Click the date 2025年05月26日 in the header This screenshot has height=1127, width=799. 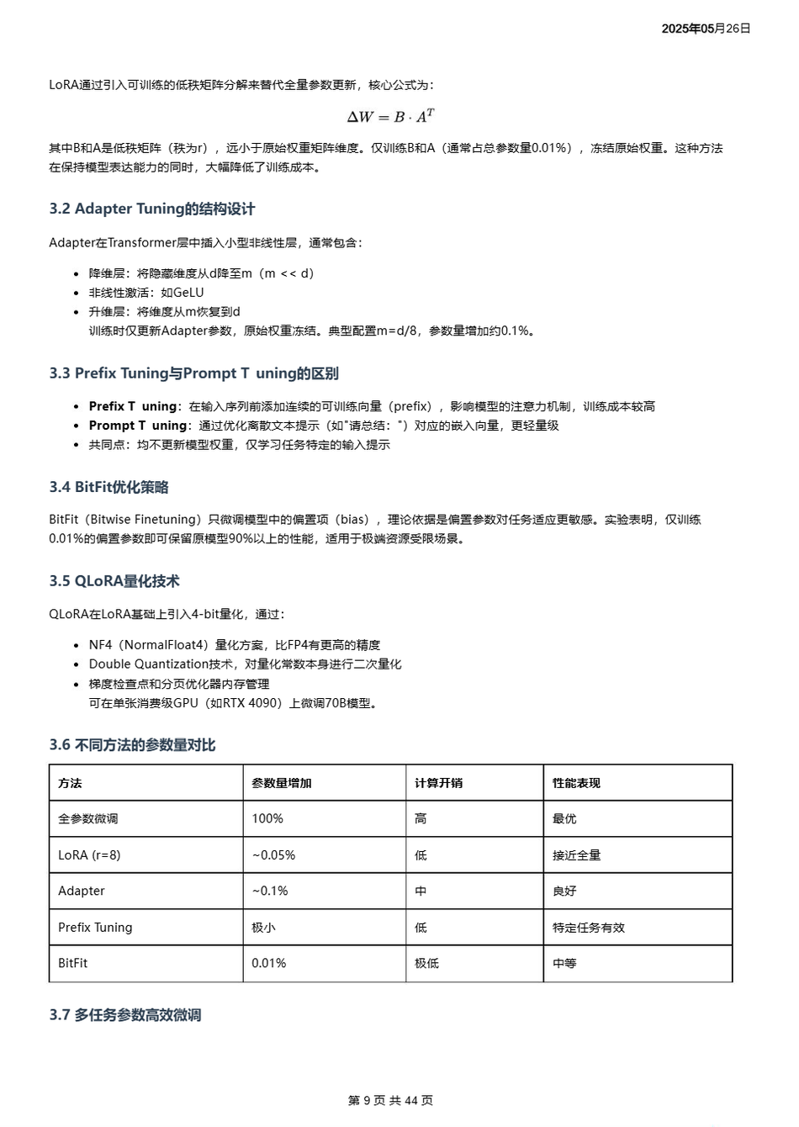tap(706, 29)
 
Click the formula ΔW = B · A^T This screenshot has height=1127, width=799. tap(390, 117)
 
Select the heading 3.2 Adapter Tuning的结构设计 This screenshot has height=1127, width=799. tap(151, 209)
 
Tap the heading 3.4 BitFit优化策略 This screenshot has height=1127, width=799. tap(108, 487)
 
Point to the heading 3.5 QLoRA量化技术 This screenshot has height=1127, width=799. tap(114, 581)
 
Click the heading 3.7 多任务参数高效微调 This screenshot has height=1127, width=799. tap(125, 1015)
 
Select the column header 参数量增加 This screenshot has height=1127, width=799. tap(282, 783)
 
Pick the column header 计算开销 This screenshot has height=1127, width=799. tap(438, 783)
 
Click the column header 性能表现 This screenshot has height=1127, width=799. tap(576, 783)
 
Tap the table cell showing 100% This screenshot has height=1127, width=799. tap(267, 818)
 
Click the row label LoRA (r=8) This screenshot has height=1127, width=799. tap(89, 855)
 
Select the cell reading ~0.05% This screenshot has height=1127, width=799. tap(273, 855)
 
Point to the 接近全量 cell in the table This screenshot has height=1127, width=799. tap(576, 855)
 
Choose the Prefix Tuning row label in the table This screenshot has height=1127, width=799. tap(95, 928)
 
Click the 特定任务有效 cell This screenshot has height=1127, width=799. tap(589, 928)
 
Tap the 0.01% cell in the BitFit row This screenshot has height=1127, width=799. tap(268, 963)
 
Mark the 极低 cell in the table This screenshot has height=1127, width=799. tap(426, 963)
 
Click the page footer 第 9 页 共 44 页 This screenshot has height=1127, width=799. tap(390, 1100)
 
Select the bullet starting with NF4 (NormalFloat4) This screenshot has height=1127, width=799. tap(235, 645)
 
